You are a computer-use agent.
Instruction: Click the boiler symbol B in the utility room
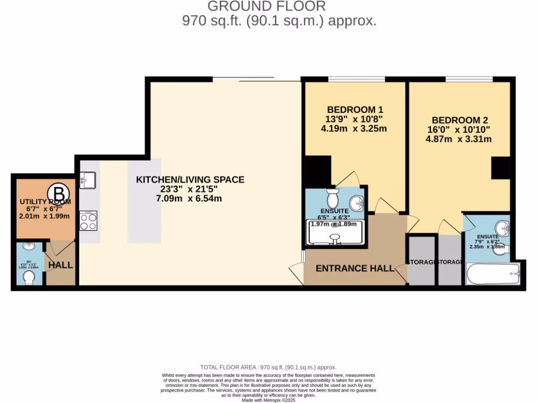pyautogui.click(x=59, y=192)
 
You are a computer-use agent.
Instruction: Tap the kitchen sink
pyautogui.click(x=87, y=180)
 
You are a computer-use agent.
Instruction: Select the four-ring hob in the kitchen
pyautogui.click(x=88, y=221)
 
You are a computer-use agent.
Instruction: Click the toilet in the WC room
pyautogui.click(x=29, y=276)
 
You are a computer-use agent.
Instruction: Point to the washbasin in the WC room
pyautogui.click(x=29, y=247)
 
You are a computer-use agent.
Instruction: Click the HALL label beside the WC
pyautogui.click(x=61, y=266)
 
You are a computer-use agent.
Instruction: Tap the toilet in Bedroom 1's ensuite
pyautogui.click(x=332, y=199)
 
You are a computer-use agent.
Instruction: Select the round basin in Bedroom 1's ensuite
pyautogui.click(x=357, y=202)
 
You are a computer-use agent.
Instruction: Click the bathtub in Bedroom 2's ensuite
pyautogui.click(x=492, y=274)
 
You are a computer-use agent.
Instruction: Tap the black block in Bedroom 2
pyautogui.click(x=500, y=168)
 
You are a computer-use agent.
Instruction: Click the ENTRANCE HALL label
pyautogui.click(x=355, y=268)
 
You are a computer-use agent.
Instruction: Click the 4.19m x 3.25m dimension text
pyautogui.click(x=355, y=129)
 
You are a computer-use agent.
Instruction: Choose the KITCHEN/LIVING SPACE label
pyautogui.click(x=190, y=179)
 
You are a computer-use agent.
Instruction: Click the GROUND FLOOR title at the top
pyautogui.click(x=266, y=6)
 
